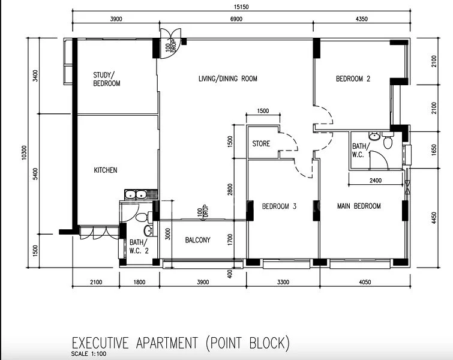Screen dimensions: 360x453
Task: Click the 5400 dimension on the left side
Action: click(x=36, y=173)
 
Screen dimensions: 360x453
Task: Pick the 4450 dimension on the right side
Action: click(x=434, y=213)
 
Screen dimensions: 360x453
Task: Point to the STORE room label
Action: click(x=261, y=144)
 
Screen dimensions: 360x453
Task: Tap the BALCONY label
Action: click(x=197, y=240)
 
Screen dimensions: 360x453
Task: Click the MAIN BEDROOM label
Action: click(x=359, y=206)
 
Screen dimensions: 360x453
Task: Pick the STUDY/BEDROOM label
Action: click(x=106, y=79)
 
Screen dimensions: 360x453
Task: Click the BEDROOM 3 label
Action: click(x=279, y=206)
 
